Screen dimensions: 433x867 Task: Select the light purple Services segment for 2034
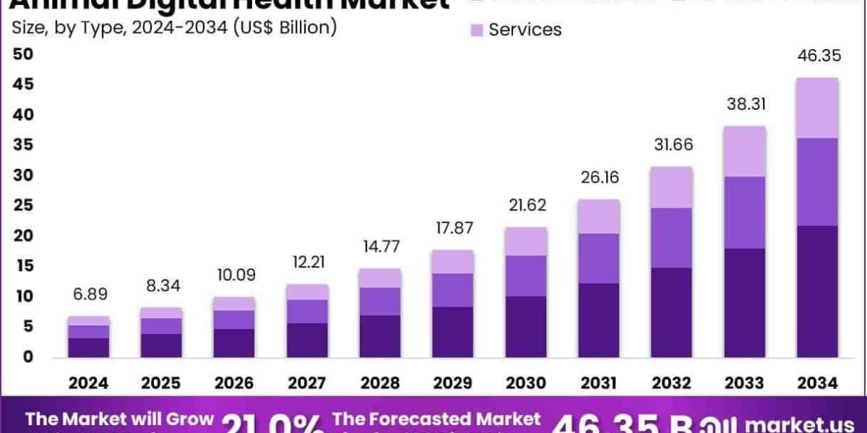click(817, 108)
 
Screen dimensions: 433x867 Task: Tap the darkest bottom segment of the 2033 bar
click(745, 302)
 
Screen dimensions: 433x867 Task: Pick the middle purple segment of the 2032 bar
click(672, 237)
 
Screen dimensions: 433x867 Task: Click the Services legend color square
click(476, 30)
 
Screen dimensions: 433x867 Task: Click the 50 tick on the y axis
click(22, 54)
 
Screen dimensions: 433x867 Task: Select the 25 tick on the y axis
click(22, 206)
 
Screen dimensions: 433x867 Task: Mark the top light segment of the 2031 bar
click(599, 216)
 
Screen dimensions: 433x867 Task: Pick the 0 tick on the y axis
click(27, 357)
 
